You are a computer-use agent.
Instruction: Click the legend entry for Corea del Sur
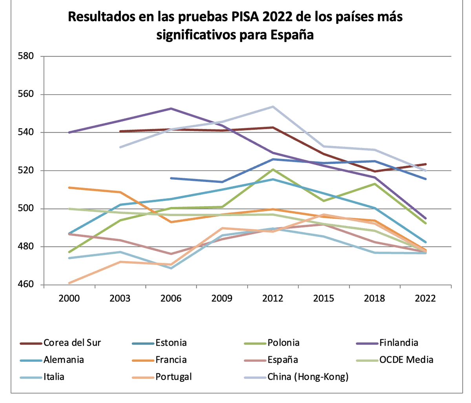tap(72, 343)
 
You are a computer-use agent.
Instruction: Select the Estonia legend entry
tap(171, 343)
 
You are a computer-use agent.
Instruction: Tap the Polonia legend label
tap(283, 343)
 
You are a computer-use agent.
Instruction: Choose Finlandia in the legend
tap(398, 343)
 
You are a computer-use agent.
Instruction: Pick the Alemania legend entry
tap(64, 359)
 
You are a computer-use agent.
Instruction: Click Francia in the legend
tap(171, 359)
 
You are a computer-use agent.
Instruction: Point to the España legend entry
tap(283, 359)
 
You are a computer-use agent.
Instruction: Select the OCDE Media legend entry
tap(406, 359)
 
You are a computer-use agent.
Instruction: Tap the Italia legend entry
tap(54, 377)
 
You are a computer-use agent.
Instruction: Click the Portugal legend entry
tap(173, 377)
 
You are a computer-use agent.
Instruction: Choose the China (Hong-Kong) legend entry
tap(308, 377)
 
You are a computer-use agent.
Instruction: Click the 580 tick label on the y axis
tap(26, 56)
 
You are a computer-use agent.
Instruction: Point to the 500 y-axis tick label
tap(26, 209)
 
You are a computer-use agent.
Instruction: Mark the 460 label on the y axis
tap(26, 285)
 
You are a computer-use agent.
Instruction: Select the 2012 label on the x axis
tap(273, 299)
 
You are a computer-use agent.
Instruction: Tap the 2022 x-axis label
tap(425, 299)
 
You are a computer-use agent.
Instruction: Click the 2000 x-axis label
tap(69, 299)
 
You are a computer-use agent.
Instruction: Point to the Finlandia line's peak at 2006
tap(171, 108)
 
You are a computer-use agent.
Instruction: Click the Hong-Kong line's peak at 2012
tap(273, 106)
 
